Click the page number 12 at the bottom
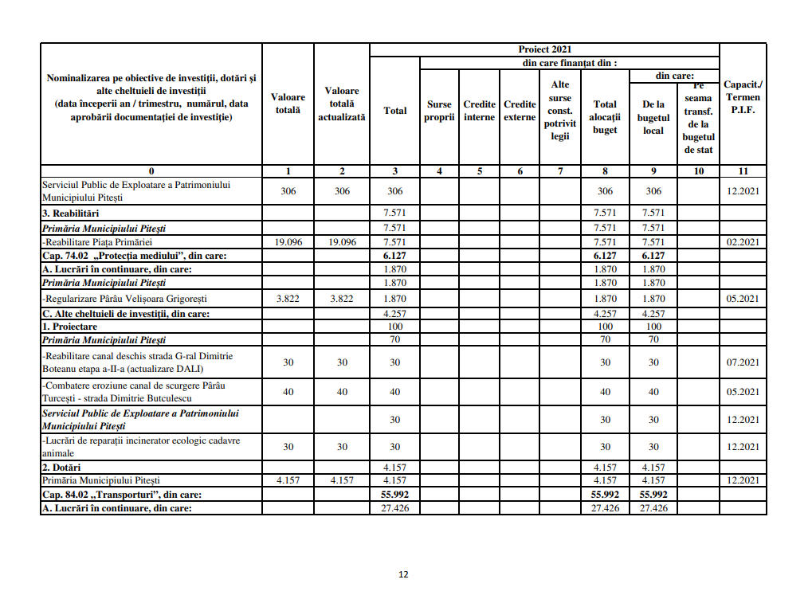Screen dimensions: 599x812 coord(403,574)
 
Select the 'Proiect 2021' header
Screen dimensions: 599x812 coord(545,49)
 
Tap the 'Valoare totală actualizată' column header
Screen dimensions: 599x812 coord(342,104)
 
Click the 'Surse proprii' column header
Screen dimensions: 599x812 coord(439,111)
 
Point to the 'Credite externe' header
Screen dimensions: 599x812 coord(520,111)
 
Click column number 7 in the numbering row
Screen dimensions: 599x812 coord(560,170)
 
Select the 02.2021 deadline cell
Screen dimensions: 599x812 coord(743,242)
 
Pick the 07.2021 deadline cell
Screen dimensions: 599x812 coord(743,362)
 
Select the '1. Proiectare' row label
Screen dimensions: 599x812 coord(70,327)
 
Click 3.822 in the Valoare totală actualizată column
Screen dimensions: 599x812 coord(342,299)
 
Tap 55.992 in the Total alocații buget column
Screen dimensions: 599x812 coord(605,495)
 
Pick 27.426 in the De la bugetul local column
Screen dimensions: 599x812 coord(653,508)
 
